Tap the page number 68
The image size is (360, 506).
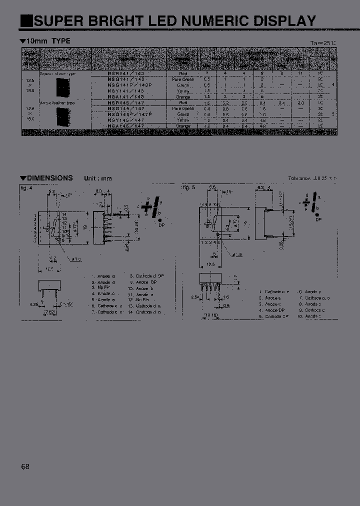pyautogui.click(x=25, y=466)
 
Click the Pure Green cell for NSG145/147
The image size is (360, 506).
pyautogui.click(x=183, y=108)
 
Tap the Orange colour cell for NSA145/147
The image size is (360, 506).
pyautogui.click(x=183, y=126)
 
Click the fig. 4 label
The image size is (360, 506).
pyautogui.click(x=25, y=187)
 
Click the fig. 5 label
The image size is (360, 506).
pyautogui.click(x=188, y=187)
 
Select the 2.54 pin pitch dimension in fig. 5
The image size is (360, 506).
pyautogui.click(x=195, y=296)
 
